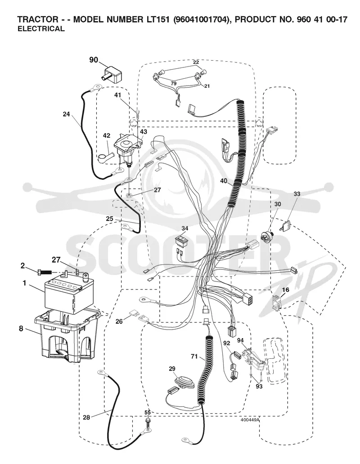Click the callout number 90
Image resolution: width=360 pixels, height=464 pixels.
pos(94,60)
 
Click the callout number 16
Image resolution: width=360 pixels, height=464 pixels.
pos(285,290)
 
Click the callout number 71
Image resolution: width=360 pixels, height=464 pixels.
pos(194,357)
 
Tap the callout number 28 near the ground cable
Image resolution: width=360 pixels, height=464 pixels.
pos(86,417)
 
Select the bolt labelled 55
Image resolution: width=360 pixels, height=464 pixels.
pos(148,421)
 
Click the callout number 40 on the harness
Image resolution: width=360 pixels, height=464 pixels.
pos(224,181)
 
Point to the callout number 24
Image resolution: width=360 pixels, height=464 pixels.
pos(66,114)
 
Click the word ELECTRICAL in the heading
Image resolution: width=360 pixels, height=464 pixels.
pos(41,29)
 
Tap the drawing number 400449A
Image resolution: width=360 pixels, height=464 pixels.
pos(250,419)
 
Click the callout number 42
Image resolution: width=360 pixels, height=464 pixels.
pos(107,136)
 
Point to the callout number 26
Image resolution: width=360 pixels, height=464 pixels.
pos(119,321)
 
